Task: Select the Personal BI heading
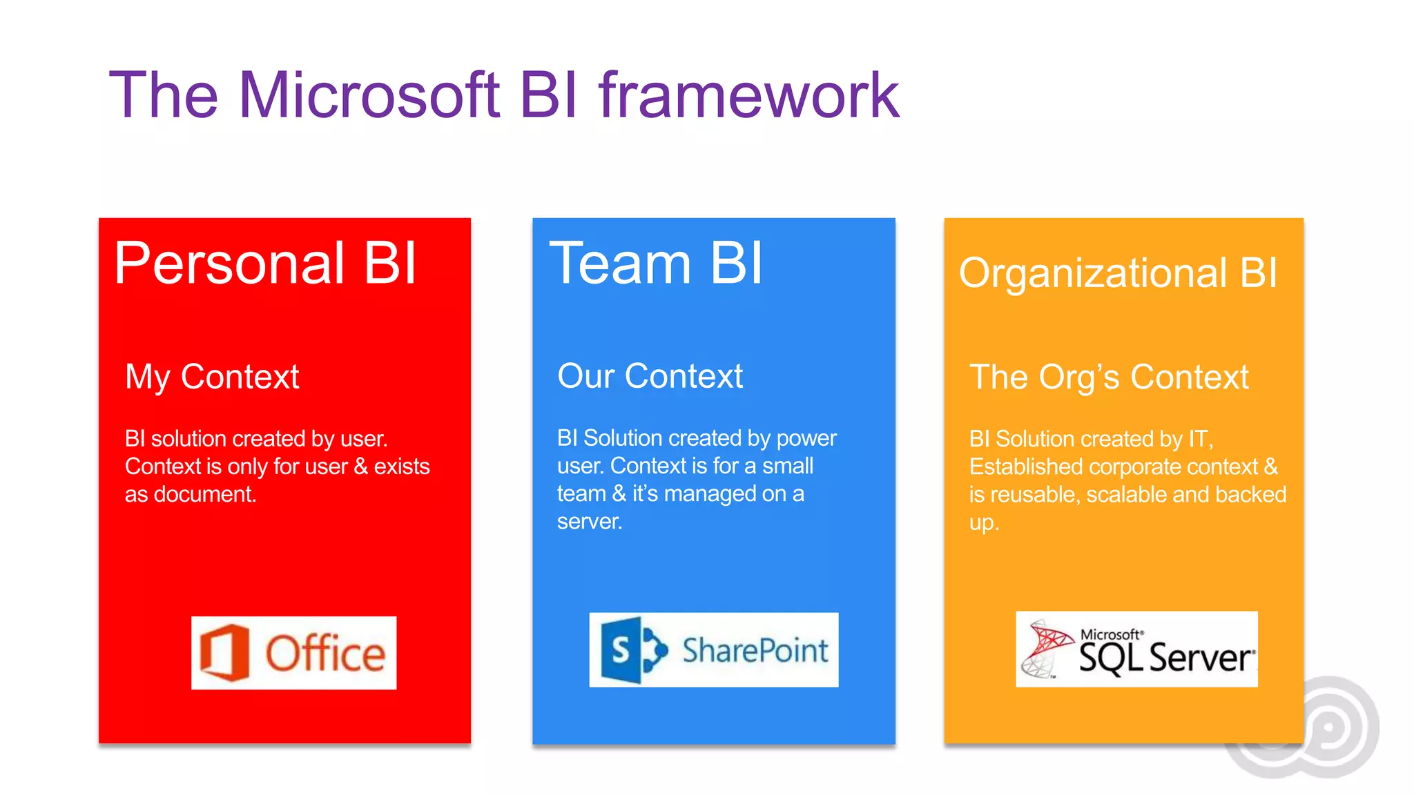pos(265,263)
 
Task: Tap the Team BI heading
pos(656,263)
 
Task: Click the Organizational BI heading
pos(1118,273)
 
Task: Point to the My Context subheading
pos(212,377)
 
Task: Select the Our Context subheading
pos(650,376)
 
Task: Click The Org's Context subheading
pos(1109,377)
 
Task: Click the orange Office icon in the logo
pos(224,652)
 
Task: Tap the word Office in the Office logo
pos(325,654)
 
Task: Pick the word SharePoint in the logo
pos(755,650)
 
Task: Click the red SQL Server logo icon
pos(1046,647)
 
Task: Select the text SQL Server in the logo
pos(1165,658)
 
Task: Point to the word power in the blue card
pos(806,438)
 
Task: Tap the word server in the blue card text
pos(588,522)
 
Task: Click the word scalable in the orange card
pos(1125,495)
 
